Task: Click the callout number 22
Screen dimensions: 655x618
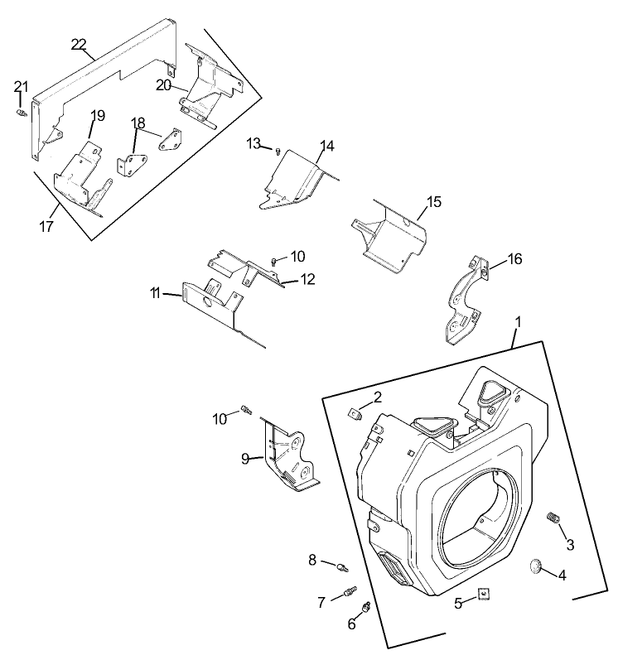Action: point(80,44)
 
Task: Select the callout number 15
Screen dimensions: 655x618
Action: point(434,202)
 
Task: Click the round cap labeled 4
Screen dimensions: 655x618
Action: point(534,566)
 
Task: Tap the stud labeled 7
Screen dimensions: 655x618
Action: point(350,592)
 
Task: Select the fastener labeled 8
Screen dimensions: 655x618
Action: point(341,567)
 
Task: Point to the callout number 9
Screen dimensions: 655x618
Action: point(245,457)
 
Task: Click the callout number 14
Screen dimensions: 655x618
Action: point(326,147)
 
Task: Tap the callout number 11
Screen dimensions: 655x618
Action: point(155,292)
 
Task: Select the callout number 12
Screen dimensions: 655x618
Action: point(307,279)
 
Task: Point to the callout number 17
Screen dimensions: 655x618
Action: point(47,226)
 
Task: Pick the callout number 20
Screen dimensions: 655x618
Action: point(163,85)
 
